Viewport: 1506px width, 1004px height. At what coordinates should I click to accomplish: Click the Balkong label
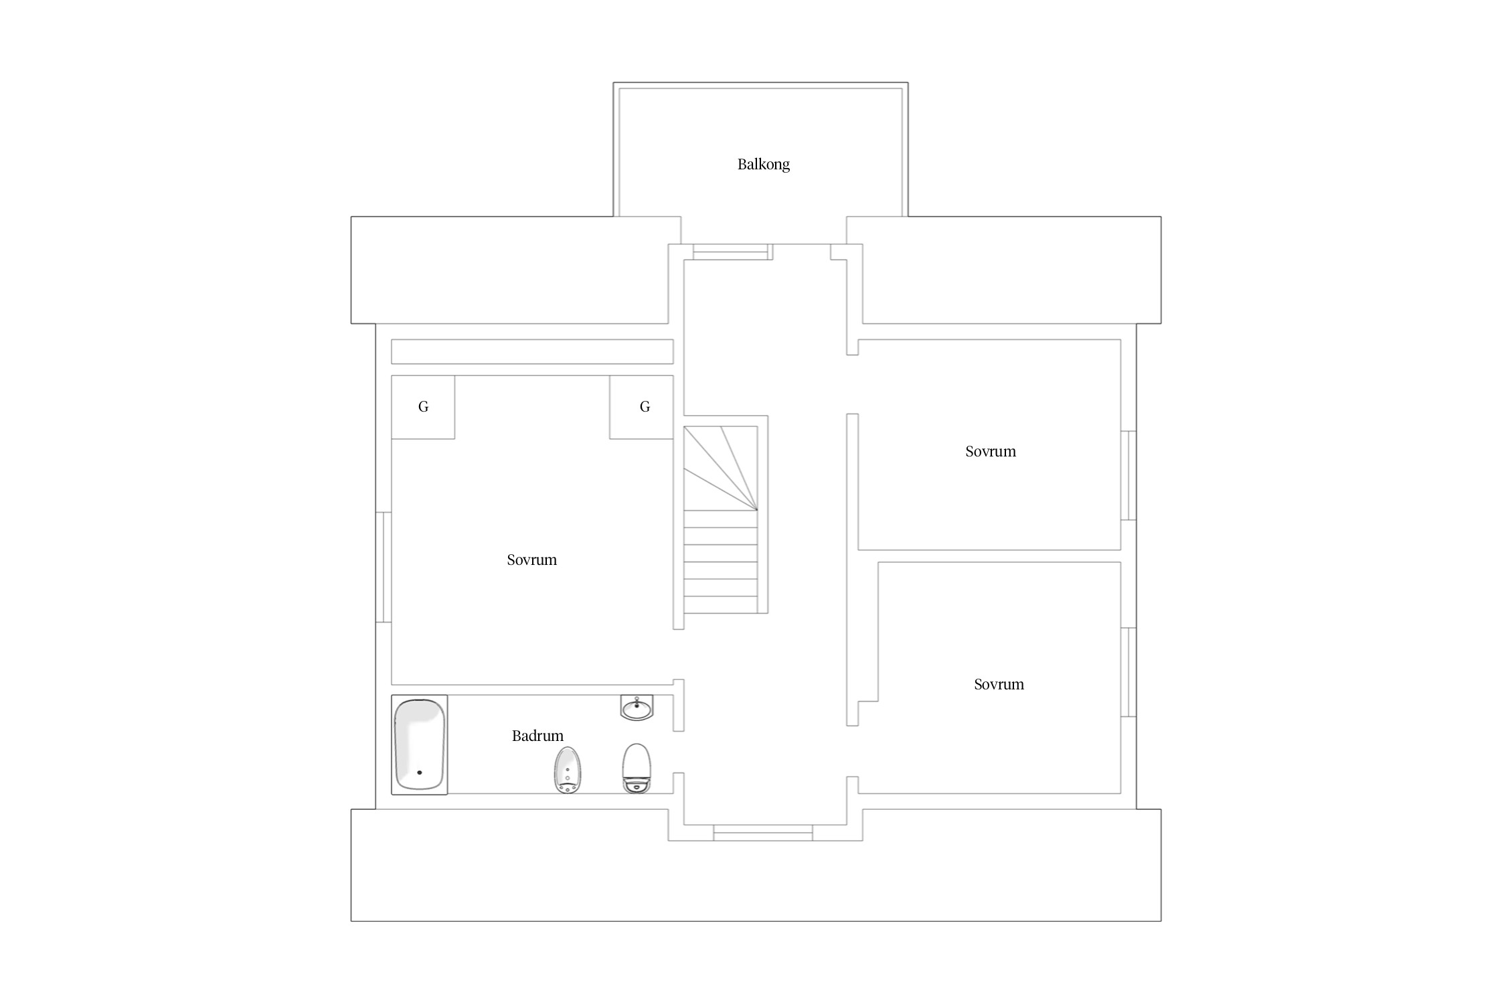[763, 165]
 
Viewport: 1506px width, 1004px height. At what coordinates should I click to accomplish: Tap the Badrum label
[537, 736]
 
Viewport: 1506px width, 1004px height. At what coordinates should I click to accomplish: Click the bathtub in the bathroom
[420, 744]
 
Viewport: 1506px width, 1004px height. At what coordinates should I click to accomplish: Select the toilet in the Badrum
[637, 768]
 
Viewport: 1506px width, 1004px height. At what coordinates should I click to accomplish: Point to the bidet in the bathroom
[568, 770]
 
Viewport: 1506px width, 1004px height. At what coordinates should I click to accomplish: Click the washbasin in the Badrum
[637, 708]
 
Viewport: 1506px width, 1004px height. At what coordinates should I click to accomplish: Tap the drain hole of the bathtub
[420, 772]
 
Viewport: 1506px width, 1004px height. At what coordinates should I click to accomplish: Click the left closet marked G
[423, 407]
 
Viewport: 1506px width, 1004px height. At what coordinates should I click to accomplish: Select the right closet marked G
[641, 407]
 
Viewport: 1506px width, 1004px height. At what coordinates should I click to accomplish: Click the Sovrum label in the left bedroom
[531, 560]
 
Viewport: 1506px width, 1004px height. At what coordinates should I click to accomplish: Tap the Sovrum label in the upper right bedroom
[991, 452]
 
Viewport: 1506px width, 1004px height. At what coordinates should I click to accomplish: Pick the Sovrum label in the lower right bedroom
[999, 685]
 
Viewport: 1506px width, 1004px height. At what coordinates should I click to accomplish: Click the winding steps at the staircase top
[721, 468]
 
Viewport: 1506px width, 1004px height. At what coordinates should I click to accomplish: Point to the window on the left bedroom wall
[384, 567]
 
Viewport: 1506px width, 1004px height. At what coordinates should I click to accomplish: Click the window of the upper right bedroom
[1128, 475]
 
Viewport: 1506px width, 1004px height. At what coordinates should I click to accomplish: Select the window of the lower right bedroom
[1128, 672]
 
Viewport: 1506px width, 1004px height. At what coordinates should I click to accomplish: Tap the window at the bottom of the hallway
[763, 833]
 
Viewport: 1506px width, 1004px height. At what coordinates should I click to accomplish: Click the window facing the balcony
[730, 252]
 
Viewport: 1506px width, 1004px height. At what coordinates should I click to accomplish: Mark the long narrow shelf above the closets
[532, 351]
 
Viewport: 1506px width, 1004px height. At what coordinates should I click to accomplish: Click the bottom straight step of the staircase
[721, 605]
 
